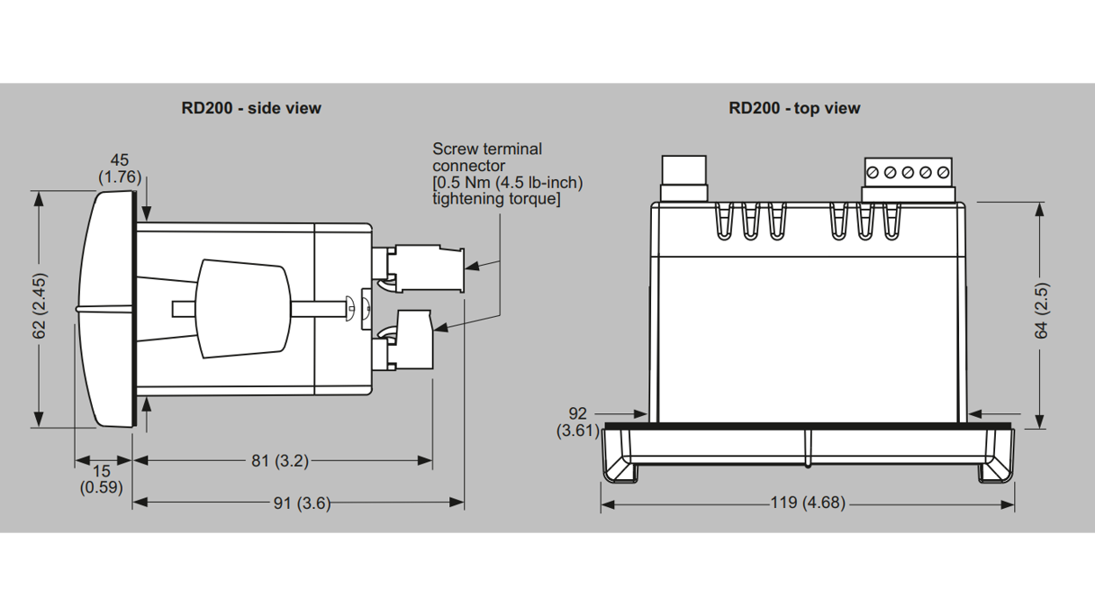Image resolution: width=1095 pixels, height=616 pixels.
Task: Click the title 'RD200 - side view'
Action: tap(251, 108)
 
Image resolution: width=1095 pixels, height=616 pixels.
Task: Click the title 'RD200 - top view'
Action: tap(794, 108)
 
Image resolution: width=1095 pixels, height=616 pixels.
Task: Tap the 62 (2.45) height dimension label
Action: tap(39, 306)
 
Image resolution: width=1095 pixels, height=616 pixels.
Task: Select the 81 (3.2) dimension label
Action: tap(279, 460)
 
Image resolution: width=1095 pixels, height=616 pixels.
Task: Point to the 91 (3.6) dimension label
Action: tap(303, 503)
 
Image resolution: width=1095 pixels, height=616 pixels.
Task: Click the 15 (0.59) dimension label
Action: tap(101, 479)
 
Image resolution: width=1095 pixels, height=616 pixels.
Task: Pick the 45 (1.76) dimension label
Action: tap(120, 169)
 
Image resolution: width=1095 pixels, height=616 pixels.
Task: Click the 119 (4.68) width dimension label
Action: tap(807, 503)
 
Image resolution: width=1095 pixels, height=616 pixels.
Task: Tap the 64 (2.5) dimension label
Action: tap(1041, 311)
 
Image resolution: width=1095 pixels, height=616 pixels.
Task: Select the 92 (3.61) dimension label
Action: tap(577, 421)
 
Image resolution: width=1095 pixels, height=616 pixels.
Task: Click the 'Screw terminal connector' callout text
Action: tap(507, 174)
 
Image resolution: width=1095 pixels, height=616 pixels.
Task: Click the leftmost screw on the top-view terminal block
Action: tap(872, 172)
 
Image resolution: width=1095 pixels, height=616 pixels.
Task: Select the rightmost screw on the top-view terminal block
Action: tap(943, 172)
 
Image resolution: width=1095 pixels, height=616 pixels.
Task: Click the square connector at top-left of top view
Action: tap(683, 177)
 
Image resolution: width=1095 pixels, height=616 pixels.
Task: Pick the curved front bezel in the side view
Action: tap(106, 308)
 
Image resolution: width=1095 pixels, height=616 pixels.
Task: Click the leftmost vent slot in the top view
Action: tap(725, 222)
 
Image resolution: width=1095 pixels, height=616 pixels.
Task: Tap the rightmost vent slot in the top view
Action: tap(891, 222)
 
